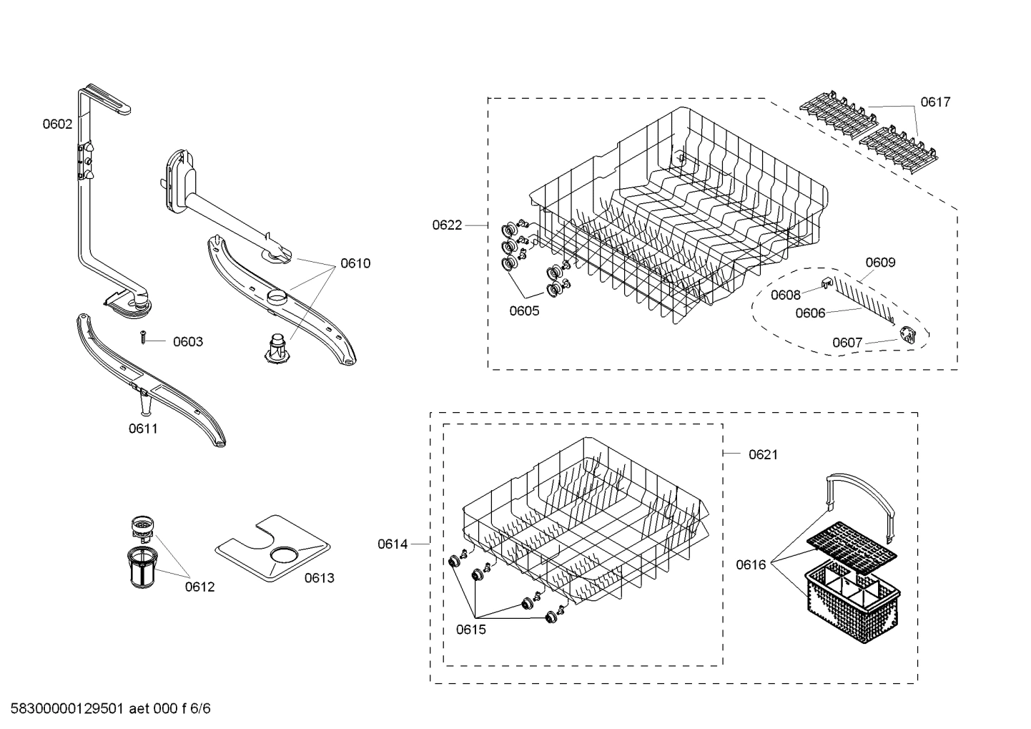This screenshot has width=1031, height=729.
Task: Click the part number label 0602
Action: [x=57, y=124]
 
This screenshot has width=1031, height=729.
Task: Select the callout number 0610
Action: [x=355, y=263]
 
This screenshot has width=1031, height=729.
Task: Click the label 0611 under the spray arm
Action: [x=143, y=429]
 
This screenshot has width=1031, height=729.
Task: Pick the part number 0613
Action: [x=319, y=578]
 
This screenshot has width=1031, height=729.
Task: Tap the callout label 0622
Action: [x=447, y=225]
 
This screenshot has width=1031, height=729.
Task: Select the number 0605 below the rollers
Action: [x=524, y=310]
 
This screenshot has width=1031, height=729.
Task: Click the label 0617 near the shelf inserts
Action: [x=935, y=102]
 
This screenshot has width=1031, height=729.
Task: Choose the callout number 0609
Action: [x=880, y=262]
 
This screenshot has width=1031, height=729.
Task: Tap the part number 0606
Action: [x=810, y=313]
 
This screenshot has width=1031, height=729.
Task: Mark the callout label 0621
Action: [x=763, y=454]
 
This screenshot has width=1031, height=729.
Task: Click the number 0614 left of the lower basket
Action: [x=393, y=544]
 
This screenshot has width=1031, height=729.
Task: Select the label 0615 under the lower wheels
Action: [x=470, y=630]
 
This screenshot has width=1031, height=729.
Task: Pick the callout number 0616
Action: [x=751, y=564]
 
